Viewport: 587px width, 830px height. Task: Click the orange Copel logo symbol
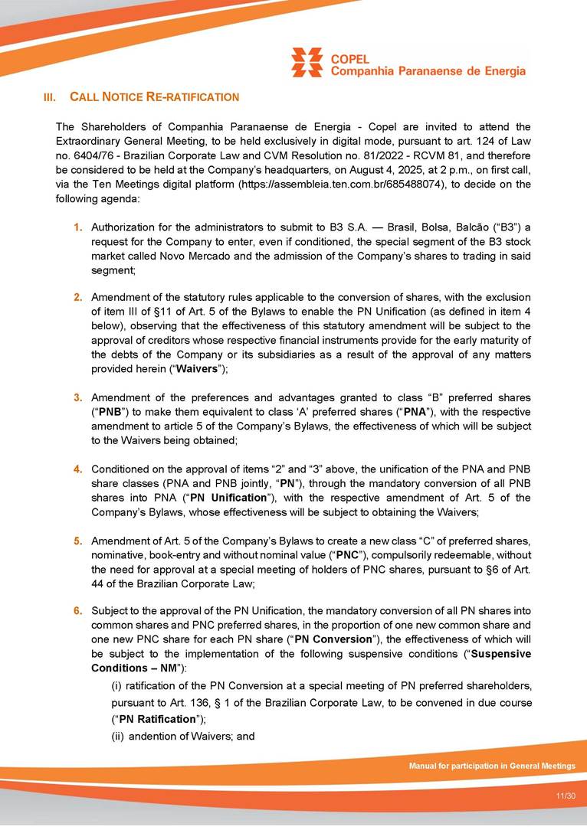[x=307, y=62]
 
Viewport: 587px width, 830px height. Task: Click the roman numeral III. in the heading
[x=50, y=98]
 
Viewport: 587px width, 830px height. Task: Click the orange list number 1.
[x=78, y=227]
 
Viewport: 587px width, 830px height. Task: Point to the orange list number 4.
[x=78, y=469]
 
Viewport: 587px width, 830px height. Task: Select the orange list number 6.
[x=78, y=611]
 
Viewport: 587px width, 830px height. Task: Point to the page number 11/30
[x=566, y=796]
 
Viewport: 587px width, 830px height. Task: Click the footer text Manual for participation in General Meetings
[x=491, y=766]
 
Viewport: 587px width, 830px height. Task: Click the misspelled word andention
[x=151, y=737]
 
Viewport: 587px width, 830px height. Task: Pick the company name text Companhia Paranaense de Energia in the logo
[x=428, y=71]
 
